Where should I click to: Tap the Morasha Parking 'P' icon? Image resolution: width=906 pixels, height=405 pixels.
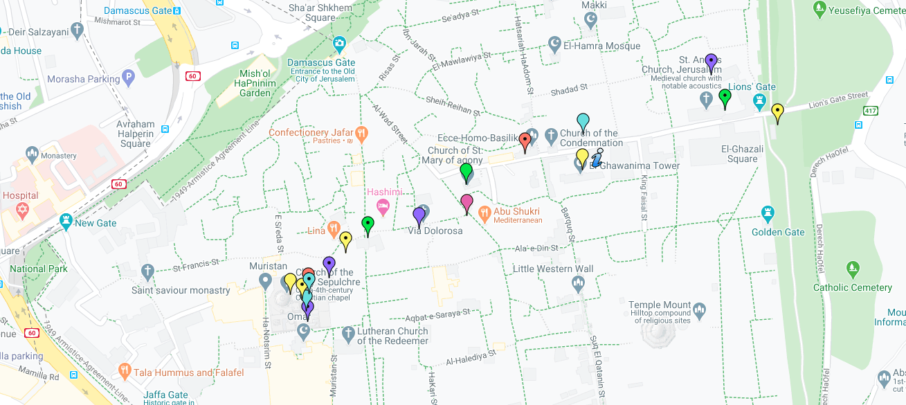pos(128,78)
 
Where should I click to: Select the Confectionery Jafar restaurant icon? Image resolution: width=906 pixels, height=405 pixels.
pos(361,132)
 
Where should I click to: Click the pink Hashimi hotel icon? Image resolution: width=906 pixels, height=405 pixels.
pos(382,206)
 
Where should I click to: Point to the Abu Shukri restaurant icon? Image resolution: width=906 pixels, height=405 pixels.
pos(484,212)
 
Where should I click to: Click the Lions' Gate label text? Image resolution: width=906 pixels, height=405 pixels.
pos(756,87)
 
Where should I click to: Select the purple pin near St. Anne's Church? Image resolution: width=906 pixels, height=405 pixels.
pos(711,62)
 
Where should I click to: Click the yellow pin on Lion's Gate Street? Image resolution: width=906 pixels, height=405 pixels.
pos(777,111)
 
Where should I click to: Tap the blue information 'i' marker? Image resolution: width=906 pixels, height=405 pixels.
pos(597,158)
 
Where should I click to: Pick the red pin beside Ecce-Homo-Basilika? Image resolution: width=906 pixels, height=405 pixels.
pos(525,141)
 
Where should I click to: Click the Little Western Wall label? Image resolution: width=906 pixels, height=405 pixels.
pos(552,269)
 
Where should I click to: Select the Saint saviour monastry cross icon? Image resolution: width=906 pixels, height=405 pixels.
pos(147,271)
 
